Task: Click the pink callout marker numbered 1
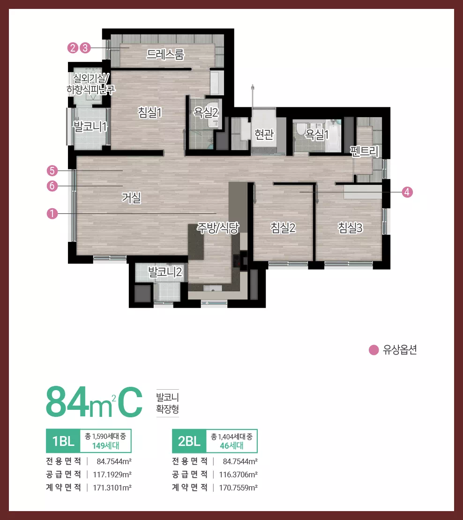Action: tap(52, 213)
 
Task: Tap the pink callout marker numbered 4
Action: tap(407, 192)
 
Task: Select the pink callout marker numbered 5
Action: tap(52, 171)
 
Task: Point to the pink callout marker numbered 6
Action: tap(52, 186)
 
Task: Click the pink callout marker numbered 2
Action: tap(73, 48)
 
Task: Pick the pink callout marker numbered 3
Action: tap(85, 48)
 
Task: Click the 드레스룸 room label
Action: tap(165, 54)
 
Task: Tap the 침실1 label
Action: tap(150, 113)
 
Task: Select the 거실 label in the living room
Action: tap(132, 198)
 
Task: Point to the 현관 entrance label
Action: tap(264, 134)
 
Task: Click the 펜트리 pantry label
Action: tap(364, 151)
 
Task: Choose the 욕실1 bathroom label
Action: tap(316, 134)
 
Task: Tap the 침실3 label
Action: tap(350, 228)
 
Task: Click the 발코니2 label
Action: tap(165, 272)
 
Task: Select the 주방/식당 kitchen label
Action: tap(218, 228)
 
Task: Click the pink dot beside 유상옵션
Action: tap(374, 350)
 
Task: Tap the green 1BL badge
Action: tap(63, 441)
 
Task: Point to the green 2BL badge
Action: tap(189, 441)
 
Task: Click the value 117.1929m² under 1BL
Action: tap(112, 475)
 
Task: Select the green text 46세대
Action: tap(231, 446)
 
